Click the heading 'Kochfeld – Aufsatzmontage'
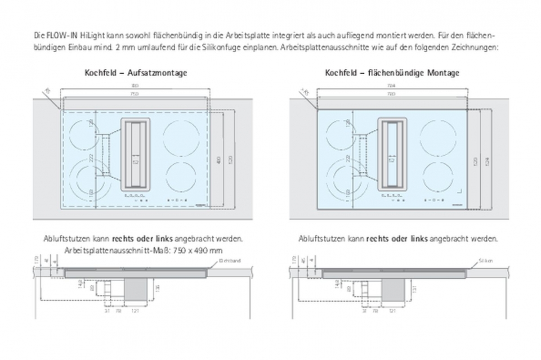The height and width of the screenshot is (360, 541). pyautogui.click(x=136, y=73)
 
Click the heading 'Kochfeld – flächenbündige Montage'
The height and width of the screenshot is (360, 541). pyautogui.click(x=392, y=73)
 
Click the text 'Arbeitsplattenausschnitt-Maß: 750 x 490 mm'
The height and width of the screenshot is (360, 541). pyautogui.click(x=144, y=250)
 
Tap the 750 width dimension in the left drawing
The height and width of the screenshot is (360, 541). pyautogui.click(x=134, y=94)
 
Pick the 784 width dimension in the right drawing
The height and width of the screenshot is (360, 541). pyautogui.click(x=391, y=85)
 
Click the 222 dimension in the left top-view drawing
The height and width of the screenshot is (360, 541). pyautogui.click(x=91, y=157)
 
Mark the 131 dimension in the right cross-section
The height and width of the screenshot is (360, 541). pyautogui.click(x=415, y=288)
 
